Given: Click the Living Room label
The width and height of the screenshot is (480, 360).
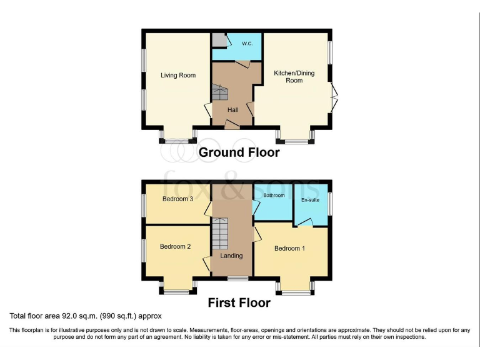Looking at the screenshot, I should pos(178,76).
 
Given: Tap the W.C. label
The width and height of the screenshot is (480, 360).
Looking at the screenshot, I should pos(246,43).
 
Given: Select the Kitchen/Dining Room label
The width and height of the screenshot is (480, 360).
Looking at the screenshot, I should pos(294,76).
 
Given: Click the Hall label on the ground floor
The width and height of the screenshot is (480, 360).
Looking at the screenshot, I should pos(232,110).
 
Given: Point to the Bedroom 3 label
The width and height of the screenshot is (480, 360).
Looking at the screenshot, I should pos(177,199).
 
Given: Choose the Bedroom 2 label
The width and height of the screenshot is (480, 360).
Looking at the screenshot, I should pos(175,246).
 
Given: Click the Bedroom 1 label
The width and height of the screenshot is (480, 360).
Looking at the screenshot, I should pos(290,249).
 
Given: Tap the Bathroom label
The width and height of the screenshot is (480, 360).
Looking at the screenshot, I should pos(274,196).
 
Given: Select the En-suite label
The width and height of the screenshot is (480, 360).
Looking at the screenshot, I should pos(310,200).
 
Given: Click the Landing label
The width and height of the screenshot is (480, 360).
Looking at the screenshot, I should pos(232,256).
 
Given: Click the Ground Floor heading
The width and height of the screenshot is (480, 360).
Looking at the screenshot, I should pos(239,152).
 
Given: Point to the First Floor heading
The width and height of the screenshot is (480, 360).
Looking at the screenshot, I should pos(239,302).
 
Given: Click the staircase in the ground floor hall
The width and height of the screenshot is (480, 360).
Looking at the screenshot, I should pos(221,94).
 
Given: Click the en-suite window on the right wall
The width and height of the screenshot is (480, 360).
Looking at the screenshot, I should pos(329,203).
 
